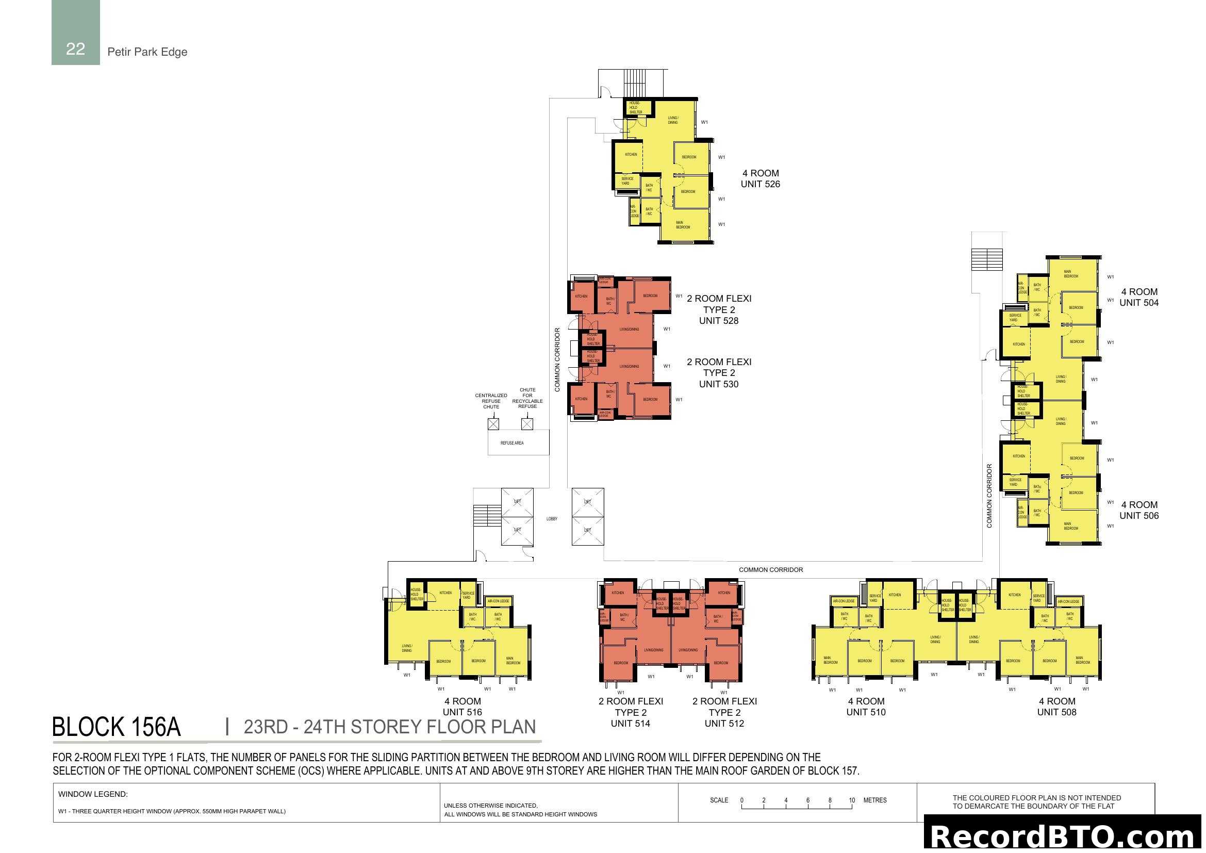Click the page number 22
tap(75, 49)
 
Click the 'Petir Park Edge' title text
tap(147, 52)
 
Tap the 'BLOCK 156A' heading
tap(117, 727)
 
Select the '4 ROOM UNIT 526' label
tap(760, 178)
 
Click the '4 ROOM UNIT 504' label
tap(1139, 297)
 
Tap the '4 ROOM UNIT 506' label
tap(1139, 510)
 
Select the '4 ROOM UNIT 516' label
tap(462, 707)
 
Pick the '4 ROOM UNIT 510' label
tap(866, 707)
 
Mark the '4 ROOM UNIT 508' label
tap(1057, 707)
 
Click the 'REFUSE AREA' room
tap(511, 443)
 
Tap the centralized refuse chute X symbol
tap(493, 424)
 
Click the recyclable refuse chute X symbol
tap(527, 424)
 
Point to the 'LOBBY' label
tap(552, 519)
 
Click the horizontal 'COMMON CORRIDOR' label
tap(770, 570)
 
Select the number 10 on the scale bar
tap(851, 800)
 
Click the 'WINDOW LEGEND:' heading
tap(93, 794)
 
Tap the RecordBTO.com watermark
tap(1062, 836)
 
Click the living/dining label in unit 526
tap(673, 120)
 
